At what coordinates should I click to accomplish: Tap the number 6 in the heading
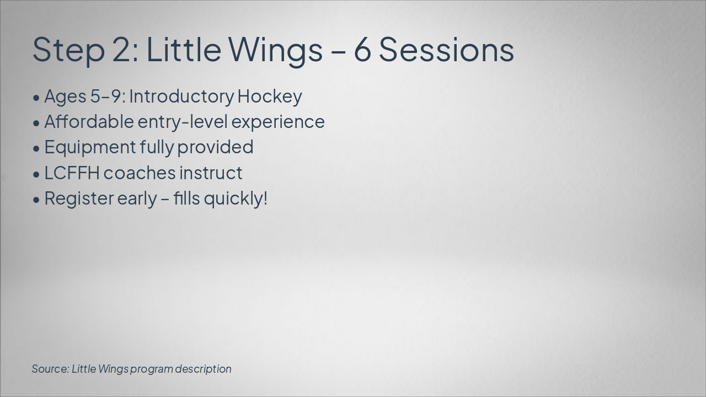[362, 50]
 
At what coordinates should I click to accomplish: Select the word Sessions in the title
[446, 50]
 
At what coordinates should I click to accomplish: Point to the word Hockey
[270, 96]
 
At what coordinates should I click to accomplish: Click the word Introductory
[181, 96]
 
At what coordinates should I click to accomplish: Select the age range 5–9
[105, 96]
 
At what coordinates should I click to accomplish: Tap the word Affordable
[89, 122]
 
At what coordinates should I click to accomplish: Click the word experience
[278, 123]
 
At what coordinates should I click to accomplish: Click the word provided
[215, 148]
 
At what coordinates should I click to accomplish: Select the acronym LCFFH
[72, 173]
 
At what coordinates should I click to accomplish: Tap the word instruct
[211, 173]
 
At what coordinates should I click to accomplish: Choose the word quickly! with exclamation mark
[236, 199]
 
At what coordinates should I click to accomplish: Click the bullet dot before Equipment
[36, 148]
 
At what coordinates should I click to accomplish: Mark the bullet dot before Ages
[36, 98]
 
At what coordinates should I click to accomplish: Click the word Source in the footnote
[50, 369]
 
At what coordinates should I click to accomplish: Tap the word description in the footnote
[204, 369]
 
